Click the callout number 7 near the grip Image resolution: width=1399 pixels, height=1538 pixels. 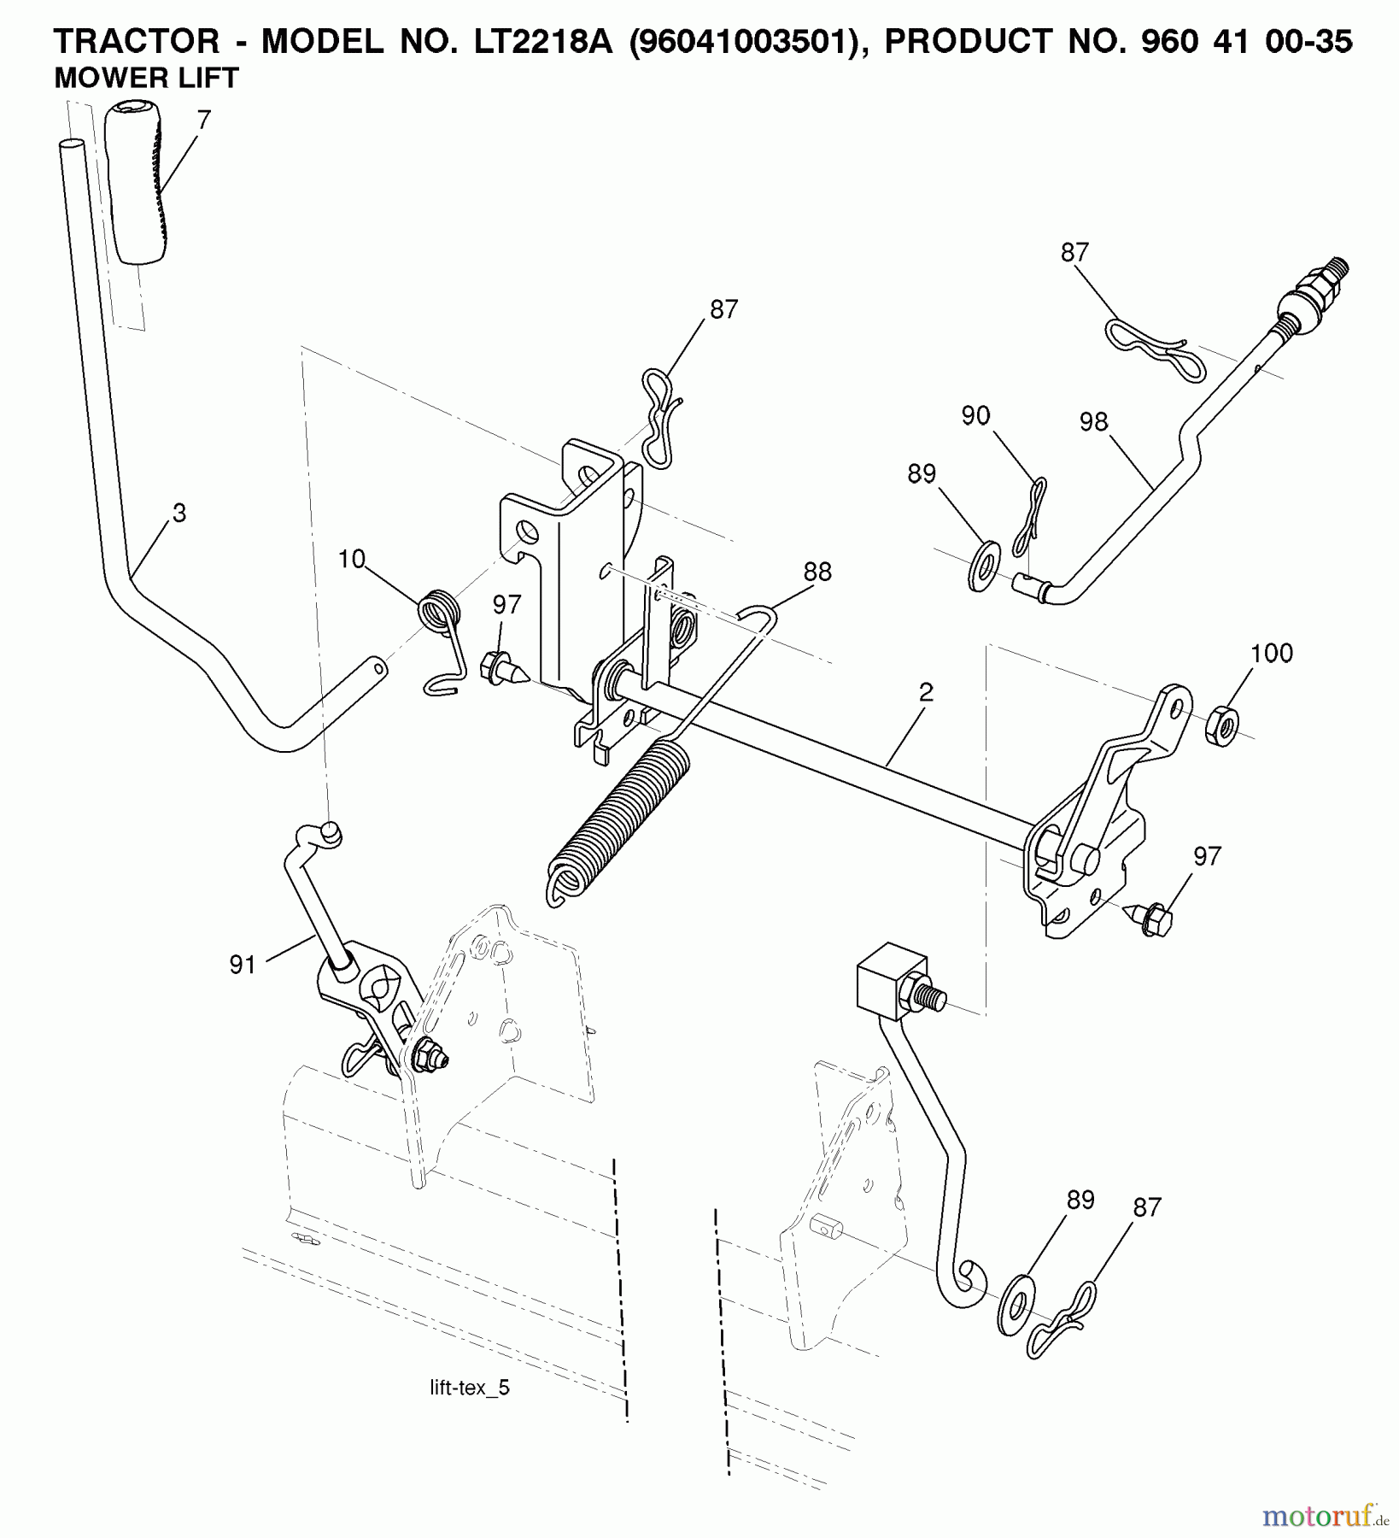pyautogui.click(x=202, y=121)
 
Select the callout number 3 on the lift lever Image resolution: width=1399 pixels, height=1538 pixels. pyautogui.click(x=179, y=513)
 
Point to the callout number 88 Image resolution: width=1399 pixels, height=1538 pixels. pyautogui.click(x=817, y=572)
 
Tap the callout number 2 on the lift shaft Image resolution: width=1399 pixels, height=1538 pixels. pyautogui.click(x=927, y=692)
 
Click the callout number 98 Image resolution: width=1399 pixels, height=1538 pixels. pyautogui.click(x=1093, y=422)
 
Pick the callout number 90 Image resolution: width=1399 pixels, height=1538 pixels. pyautogui.click(x=975, y=416)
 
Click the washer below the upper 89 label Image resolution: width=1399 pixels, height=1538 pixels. pyautogui.click(x=986, y=565)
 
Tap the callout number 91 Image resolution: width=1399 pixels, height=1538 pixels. pyautogui.click(x=243, y=966)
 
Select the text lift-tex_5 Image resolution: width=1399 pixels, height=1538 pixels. pyautogui.click(x=470, y=1388)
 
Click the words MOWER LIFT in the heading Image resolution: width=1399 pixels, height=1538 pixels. pyautogui.click(x=146, y=79)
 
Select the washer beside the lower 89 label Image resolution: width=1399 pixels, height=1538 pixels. pyautogui.click(x=1015, y=1304)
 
